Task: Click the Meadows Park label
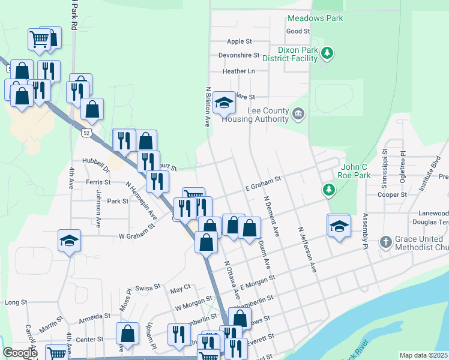315,18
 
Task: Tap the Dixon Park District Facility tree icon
327,53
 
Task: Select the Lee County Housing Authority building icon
298,113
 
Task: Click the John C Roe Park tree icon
328,190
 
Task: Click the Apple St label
240,41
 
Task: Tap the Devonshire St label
239,55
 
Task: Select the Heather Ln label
238,71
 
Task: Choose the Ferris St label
98,182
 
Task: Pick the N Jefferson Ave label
306,249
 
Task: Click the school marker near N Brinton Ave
224,103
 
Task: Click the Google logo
20,353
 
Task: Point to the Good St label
298,31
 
